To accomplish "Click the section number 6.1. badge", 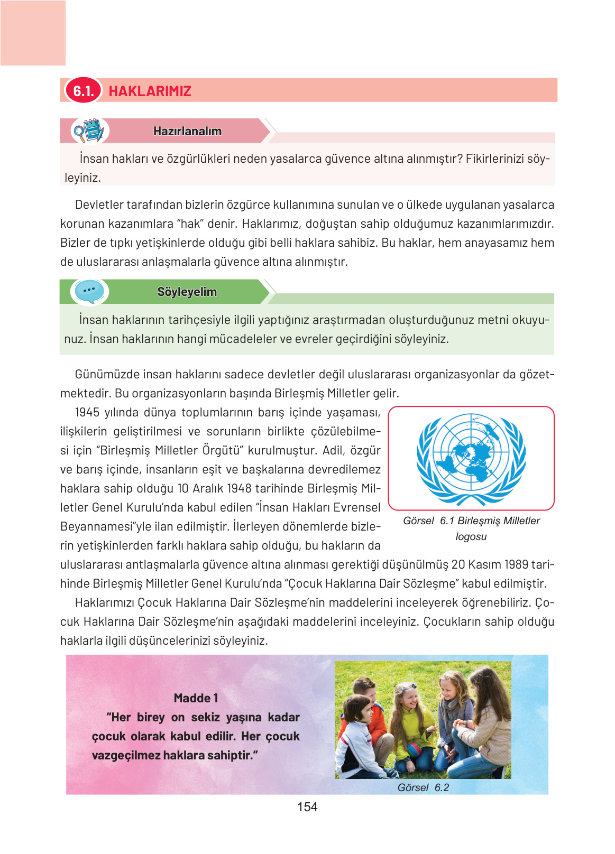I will click(83, 90).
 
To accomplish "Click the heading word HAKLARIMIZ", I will click(150, 91).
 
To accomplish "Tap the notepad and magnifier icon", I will click(88, 131).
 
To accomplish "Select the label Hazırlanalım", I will click(187, 131).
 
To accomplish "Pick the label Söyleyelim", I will click(187, 292).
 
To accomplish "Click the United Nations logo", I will click(471, 458).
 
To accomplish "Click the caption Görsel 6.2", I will click(423, 787).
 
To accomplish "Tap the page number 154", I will click(307, 807).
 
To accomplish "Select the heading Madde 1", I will click(196, 698).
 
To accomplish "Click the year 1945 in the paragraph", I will click(87, 413).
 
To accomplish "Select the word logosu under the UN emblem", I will click(471, 537).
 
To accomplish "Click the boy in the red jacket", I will click(364, 698).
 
